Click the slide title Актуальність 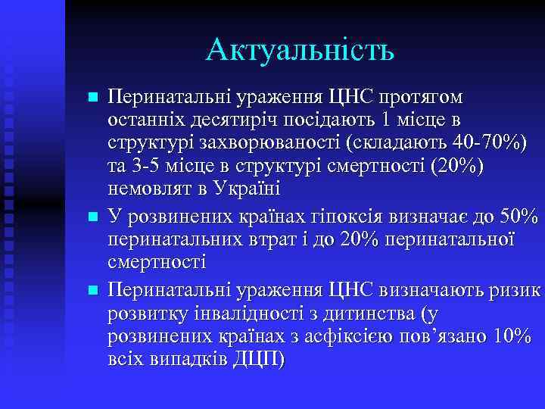tap(299, 51)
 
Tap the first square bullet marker tap(92, 98)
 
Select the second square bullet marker tap(92, 217)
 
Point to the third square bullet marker tap(92, 290)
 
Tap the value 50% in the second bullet tap(519, 216)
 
